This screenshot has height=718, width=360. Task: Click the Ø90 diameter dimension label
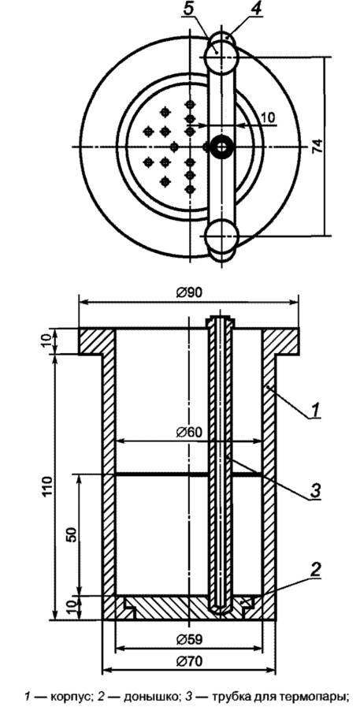188,292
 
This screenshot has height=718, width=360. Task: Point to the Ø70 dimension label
188,661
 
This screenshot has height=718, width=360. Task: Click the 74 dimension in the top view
318,146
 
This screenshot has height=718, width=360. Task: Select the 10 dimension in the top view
268,117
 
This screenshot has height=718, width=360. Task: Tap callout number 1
315,411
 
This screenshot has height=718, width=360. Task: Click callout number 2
315,569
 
